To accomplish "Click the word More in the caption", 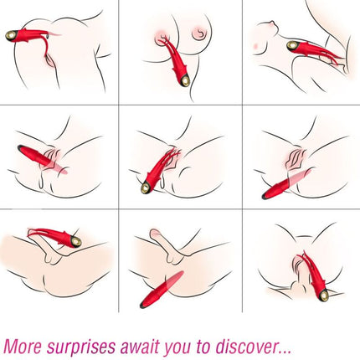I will tap(24, 343).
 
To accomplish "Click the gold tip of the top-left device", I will tap(12, 35).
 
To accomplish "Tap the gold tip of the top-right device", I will tap(294, 45).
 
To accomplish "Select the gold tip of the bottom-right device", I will tap(322, 295).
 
